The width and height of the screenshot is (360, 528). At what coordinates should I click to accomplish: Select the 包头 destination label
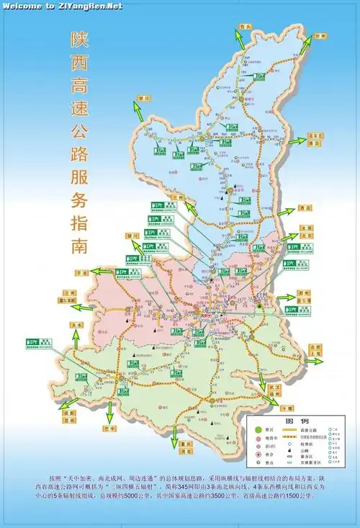[x=246, y=27]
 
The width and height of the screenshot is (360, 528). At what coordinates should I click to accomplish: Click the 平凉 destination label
[x=81, y=273]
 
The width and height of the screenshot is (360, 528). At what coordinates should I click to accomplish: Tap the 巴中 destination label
[x=110, y=429]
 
